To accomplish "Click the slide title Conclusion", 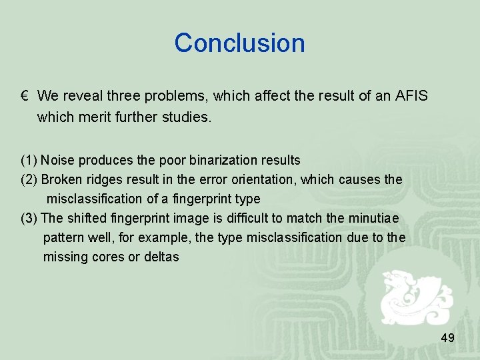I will tap(239, 43).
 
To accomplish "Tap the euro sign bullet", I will tap(23, 97).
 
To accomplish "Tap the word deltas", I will tap(162, 257).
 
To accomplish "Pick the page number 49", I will tap(447, 339).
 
